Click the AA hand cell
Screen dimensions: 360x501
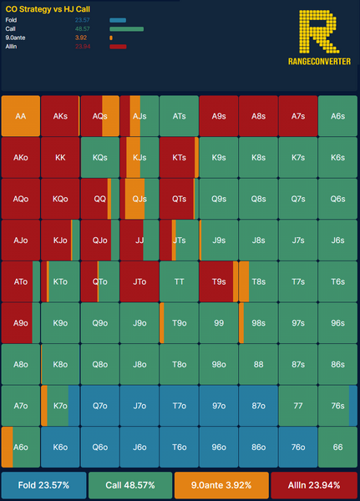[21, 116]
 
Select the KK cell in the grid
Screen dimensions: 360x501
[60, 158]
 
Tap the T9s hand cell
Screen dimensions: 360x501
[219, 281]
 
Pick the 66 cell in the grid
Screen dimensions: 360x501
[337, 447]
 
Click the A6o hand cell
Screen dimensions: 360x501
[21, 447]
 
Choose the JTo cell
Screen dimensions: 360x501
[139, 281]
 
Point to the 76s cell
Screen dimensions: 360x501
[337, 406]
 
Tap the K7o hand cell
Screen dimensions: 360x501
[60, 406]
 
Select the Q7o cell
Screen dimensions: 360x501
[100, 406]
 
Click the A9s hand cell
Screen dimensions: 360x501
[219, 116]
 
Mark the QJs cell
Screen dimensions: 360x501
[139, 199]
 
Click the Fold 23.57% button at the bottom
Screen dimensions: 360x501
[43, 485]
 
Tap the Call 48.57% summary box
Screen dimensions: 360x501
[130, 485]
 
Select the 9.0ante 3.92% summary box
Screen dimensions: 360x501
[221, 485]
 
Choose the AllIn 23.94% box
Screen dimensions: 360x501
[314, 485]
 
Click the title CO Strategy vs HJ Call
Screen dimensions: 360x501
[48, 9]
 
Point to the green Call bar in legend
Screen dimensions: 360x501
[127, 29]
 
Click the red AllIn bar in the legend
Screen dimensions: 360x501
[118, 47]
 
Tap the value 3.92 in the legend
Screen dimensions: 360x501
[81, 38]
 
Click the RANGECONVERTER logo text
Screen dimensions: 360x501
[319, 61]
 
